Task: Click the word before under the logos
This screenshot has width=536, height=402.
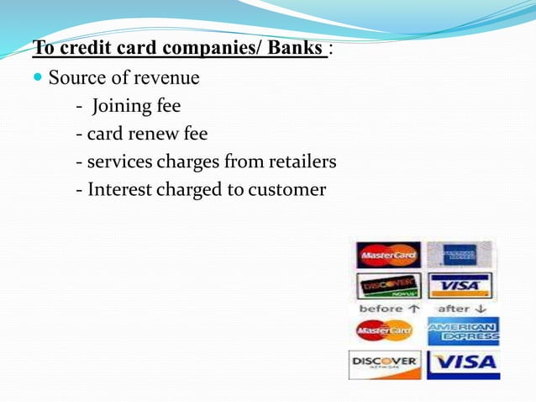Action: tap(381, 309)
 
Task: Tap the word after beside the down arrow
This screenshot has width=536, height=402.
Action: tap(454, 309)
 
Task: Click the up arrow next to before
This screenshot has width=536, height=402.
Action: tap(413, 309)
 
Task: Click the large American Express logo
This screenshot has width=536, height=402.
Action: tap(463, 331)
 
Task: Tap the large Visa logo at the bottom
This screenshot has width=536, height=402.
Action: tap(463, 364)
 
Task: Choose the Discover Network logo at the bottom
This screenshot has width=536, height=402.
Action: tap(384, 364)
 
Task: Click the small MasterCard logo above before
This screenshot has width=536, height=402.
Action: tap(388, 254)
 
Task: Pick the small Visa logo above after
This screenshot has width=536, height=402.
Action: tap(459, 285)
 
